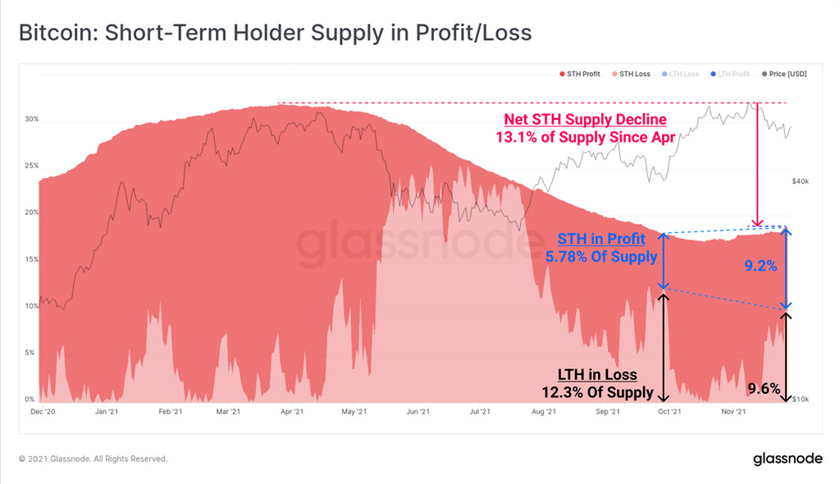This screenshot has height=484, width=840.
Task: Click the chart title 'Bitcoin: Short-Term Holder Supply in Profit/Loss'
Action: click(x=275, y=33)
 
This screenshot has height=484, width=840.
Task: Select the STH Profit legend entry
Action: click(x=579, y=74)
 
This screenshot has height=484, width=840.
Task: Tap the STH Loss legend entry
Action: click(x=630, y=74)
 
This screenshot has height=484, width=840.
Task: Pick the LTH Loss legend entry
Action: click(x=680, y=74)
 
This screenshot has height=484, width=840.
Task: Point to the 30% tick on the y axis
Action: click(x=31, y=119)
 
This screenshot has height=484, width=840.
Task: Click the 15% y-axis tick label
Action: click(x=31, y=259)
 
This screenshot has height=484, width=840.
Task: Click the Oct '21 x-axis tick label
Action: click(x=670, y=412)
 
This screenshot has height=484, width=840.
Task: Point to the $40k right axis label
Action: click(x=801, y=180)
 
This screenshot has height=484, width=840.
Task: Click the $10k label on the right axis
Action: click(x=801, y=400)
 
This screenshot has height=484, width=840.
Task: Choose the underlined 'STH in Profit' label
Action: click(x=601, y=240)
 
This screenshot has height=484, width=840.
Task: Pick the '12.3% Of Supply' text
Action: click(x=597, y=392)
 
